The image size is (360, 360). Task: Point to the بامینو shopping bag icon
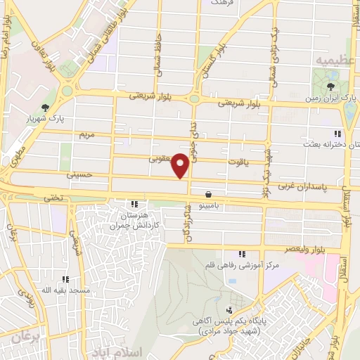tap(209, 194)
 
